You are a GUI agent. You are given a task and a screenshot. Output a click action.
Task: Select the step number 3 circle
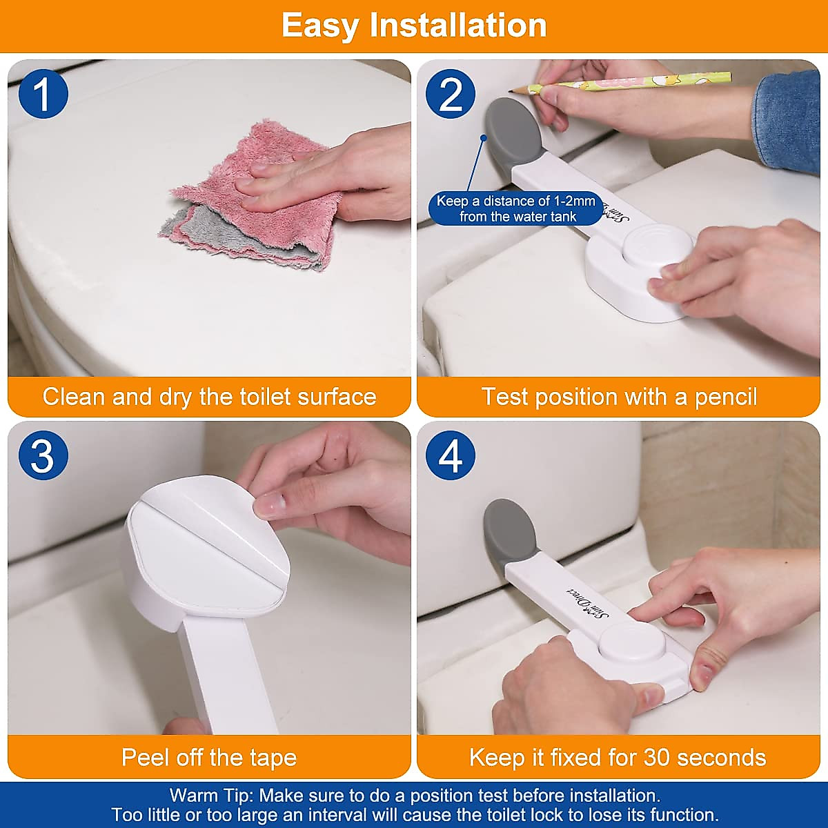(43, 455)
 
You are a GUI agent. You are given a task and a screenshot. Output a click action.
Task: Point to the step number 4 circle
(451, 455)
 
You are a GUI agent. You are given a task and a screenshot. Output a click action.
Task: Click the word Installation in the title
(458, 26)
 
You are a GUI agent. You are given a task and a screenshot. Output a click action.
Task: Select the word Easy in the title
(321, 26)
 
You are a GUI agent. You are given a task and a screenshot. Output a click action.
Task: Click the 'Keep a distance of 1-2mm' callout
(516, 208)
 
